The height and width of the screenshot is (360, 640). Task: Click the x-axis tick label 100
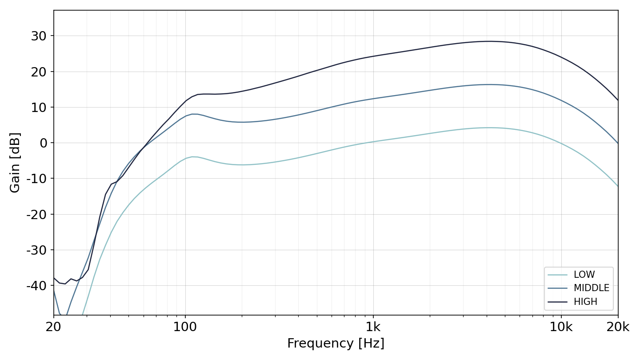(185, 327)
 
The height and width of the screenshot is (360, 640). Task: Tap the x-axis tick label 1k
(373, 327)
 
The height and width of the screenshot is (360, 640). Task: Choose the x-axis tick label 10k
(561, 327)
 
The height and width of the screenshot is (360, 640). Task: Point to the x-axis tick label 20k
(618, 327)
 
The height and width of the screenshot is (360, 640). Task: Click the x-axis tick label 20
(53, 327)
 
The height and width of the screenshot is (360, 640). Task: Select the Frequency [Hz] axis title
(336, 343)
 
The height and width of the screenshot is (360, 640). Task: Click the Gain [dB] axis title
(15, 163)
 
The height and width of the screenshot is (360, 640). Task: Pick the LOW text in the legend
(584, 275)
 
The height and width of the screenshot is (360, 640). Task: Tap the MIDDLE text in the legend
(592, 288)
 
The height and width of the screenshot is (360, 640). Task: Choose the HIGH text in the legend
(585, 302)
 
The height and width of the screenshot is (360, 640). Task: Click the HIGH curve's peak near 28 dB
(489, 41)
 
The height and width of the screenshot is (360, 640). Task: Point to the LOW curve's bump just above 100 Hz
(194, 156)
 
